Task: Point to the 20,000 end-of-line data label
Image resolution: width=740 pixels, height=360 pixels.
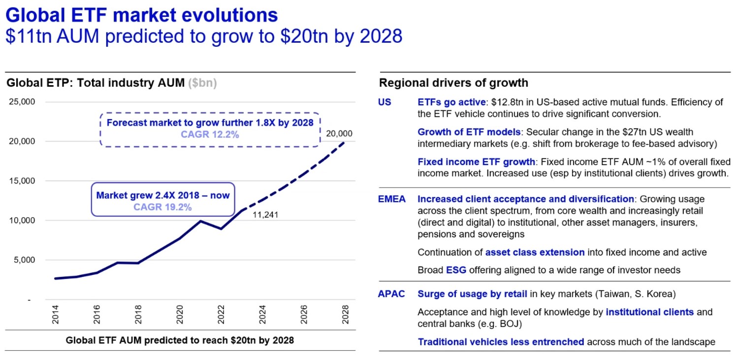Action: click(339, 133)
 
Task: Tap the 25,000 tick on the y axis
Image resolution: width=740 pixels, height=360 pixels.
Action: click(22, 102)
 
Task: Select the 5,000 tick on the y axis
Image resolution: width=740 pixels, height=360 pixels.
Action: click(24, 260)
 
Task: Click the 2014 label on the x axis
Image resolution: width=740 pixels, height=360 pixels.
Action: click(56, 314)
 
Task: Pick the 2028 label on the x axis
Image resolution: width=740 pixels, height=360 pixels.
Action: click(345, 314)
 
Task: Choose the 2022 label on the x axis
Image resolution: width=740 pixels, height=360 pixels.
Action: click(221, 314)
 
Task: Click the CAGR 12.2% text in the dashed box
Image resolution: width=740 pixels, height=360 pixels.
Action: click(210, 133)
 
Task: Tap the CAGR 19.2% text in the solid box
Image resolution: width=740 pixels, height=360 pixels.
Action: click(162, 207)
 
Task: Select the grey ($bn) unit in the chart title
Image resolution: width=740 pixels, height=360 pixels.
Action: click(202, 83)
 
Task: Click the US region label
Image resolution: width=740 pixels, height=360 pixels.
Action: click(385, 102)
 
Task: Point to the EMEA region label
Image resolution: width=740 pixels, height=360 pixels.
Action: click(392, 199)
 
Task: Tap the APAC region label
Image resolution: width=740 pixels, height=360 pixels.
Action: click(391, 294)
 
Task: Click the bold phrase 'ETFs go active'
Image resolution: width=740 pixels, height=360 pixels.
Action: click(451, 102)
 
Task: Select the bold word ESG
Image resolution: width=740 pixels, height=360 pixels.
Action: click(455, 270)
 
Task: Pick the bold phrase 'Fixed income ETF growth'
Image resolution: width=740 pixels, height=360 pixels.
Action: click(476, 162)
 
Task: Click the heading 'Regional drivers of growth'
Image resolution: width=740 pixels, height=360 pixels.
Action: click(453, 83)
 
